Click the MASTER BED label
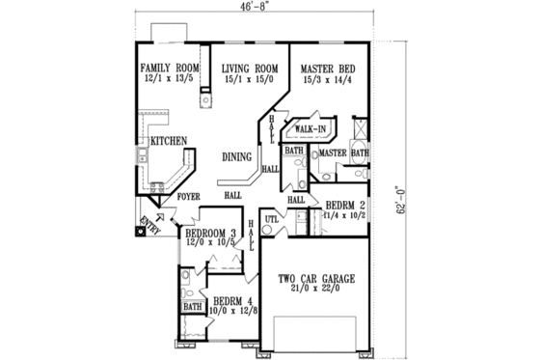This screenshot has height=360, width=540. click(328, 68)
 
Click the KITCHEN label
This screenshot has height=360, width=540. click(169, 141)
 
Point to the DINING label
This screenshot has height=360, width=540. click(237, 156)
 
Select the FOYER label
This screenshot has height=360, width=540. click(189, 196)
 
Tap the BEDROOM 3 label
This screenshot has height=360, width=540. click(210, 234)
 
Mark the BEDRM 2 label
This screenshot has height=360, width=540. click(345, 206)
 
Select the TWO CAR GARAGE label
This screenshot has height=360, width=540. click(316, 280)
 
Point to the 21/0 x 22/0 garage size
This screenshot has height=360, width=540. click(316, 291)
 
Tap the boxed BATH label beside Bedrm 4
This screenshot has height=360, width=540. click(193, 308)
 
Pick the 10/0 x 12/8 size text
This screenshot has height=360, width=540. click(232, 312)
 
